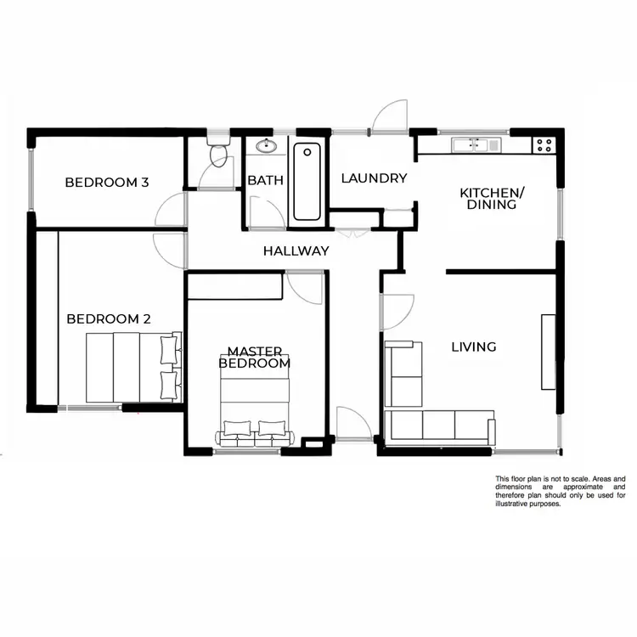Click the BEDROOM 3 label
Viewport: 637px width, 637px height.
point(107,182)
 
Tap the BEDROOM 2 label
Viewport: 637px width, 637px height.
point(109,319)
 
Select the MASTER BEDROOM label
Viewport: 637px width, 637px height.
point(255,357)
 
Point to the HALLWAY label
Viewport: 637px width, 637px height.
point(296,251)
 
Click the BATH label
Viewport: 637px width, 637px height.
point(265,180)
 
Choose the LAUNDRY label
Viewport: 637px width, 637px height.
point(374,178)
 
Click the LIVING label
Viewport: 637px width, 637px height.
point(473,347)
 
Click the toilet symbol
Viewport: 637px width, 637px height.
point(219,153)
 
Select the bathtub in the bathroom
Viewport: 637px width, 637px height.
point(307,180)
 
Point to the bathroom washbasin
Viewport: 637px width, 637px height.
point(267,144)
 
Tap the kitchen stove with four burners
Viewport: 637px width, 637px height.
point(544,145)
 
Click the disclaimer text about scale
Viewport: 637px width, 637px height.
point(561,491)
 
